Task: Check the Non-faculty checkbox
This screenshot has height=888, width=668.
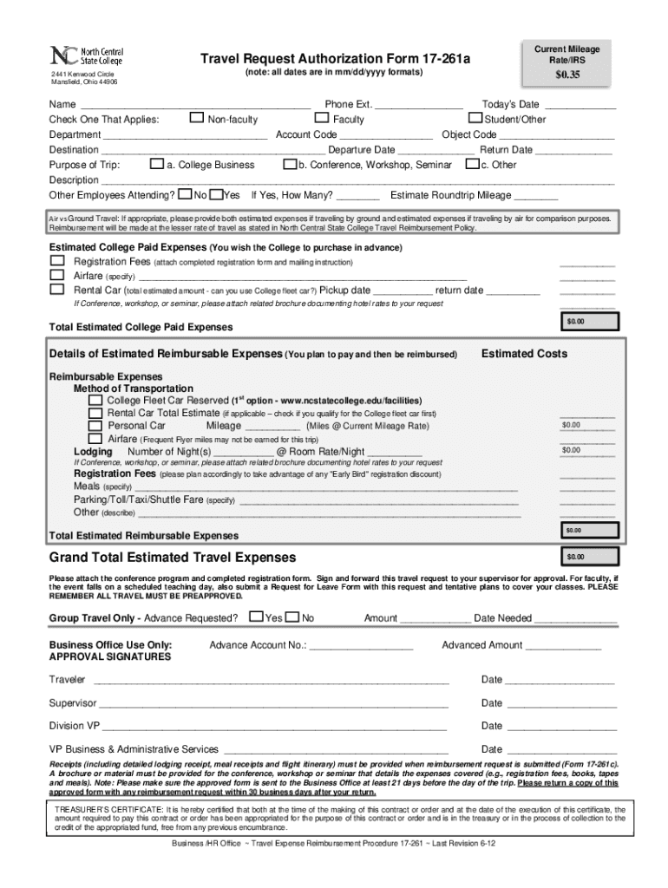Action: [x=197, y=118]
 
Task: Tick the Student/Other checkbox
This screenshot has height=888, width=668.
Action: [x=475, y=118]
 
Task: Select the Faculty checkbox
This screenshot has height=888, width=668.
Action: [x=322, y=118]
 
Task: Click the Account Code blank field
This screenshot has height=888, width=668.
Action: [x=386, y=135]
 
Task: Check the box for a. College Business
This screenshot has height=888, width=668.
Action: [x=157, y=164]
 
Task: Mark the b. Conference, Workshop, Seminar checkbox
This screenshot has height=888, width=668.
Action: [x=290, y=164]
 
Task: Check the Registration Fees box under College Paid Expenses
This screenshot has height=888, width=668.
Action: [x=57, y=261]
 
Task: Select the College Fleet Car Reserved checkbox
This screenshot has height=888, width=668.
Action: [x=95, y=401]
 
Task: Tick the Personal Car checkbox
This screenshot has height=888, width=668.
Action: [x=95, y=426]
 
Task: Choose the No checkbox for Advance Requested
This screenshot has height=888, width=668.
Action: [x=292, y=617]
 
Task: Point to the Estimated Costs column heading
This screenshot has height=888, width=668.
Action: [x=524, y=354]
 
